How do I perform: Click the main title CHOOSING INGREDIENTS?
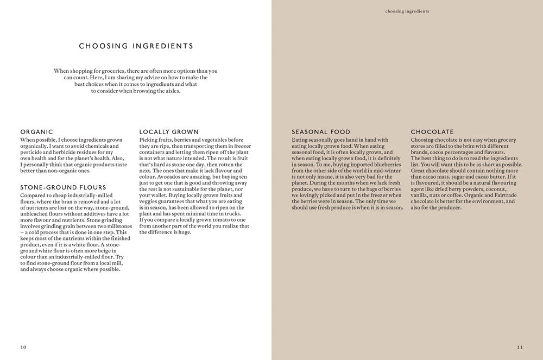[x=136, y=46]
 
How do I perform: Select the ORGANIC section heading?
[x=36, y=132]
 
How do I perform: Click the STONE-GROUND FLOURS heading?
[x=63, y=187]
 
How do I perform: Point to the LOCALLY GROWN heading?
[x=169, y=132]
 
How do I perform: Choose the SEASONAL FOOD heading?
[x=321, y=132]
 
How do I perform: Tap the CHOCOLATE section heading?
[x=432, y=132]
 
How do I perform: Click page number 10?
[x=23, y=347]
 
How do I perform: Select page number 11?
[x=520, y=347]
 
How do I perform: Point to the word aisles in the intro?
[x=170, y=91]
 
